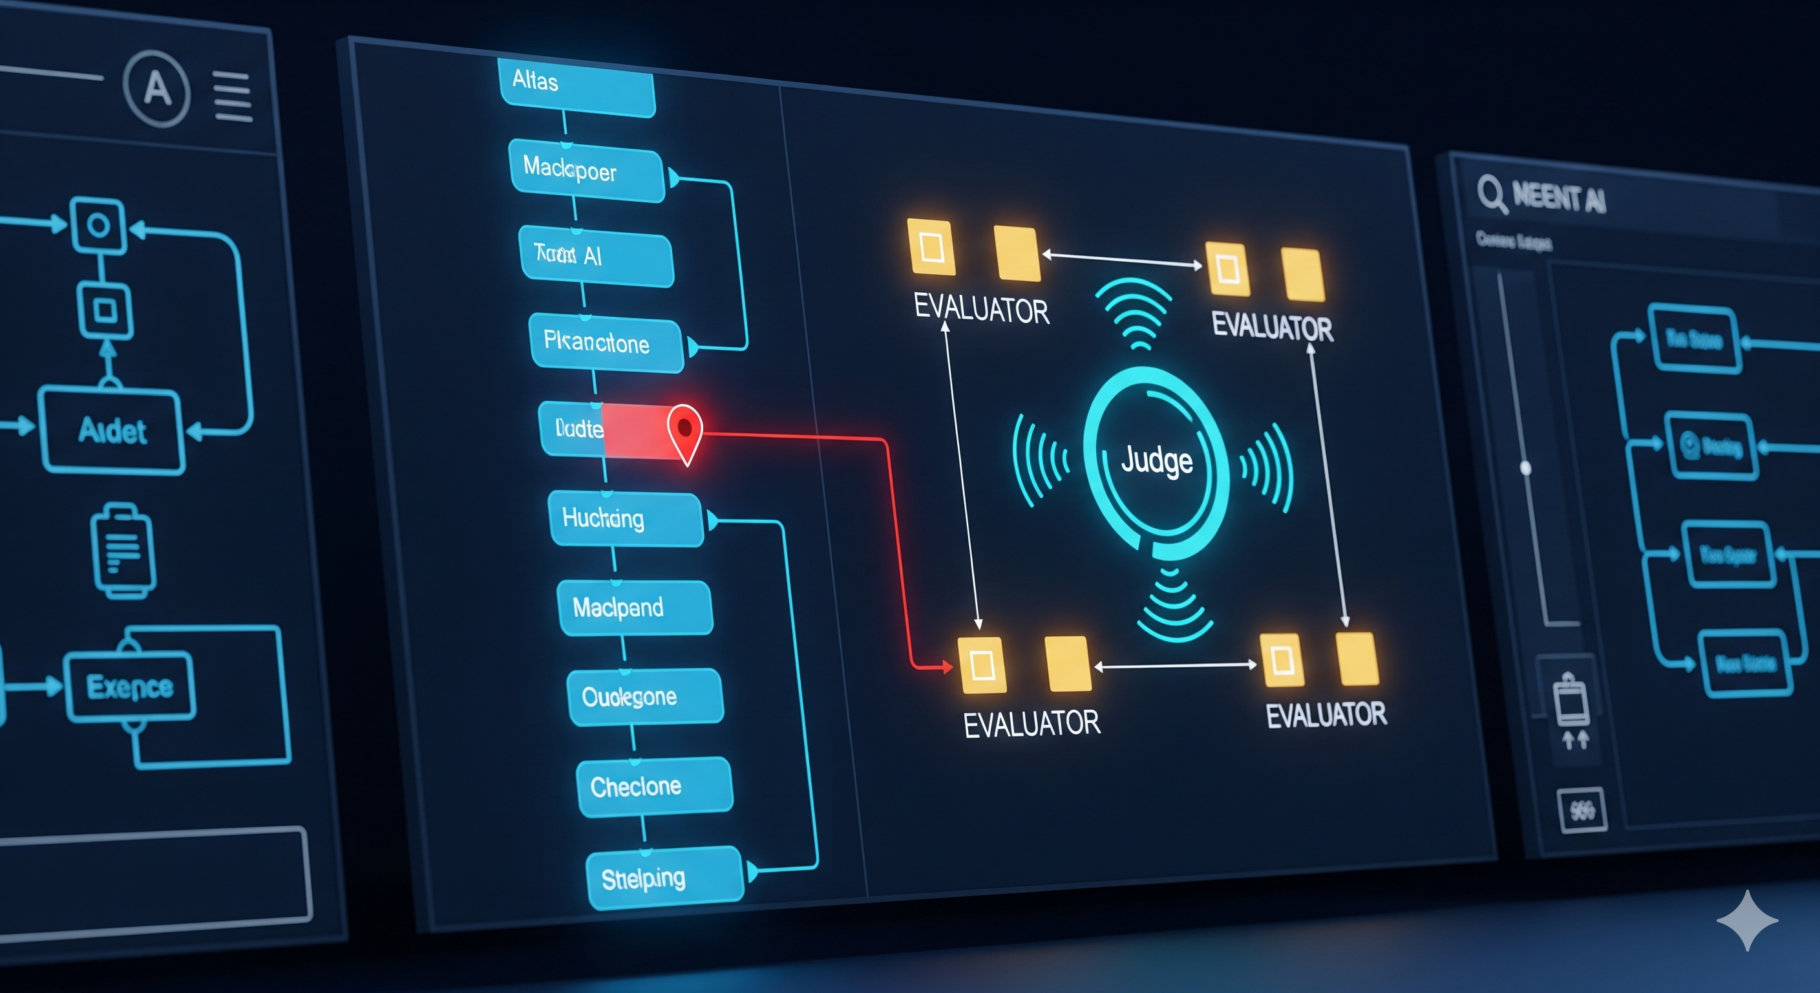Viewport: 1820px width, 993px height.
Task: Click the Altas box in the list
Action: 577,85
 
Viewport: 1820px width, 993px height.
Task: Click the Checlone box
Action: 654,787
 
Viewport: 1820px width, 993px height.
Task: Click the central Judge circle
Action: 1157,462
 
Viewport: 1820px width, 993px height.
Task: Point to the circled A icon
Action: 157,89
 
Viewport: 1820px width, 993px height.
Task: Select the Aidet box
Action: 112,431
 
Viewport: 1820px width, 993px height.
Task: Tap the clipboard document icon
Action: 122,551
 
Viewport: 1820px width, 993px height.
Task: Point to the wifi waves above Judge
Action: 1134,311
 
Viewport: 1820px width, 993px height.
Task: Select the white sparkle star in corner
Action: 1746,919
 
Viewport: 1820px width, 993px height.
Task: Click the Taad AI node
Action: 596,257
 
